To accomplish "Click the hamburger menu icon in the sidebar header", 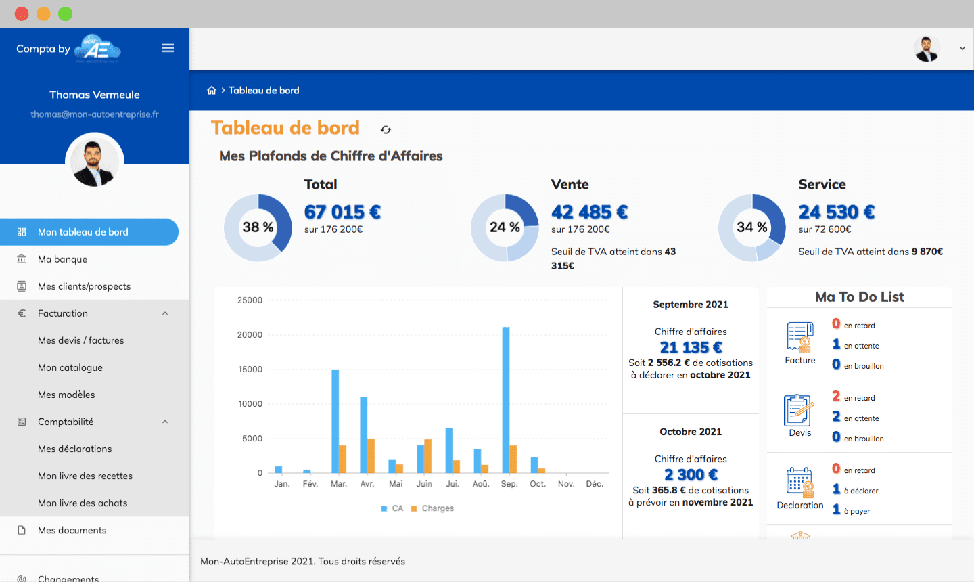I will [168, 48].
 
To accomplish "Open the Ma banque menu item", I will [62, 259].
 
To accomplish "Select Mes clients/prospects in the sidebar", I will [84, 286].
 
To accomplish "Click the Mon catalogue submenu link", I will [70, 367].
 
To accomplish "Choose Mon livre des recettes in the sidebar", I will [85, 476].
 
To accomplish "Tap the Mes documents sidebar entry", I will [72, 530].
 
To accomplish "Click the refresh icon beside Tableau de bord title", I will [386, 129].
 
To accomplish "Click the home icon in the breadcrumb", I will [212, 91].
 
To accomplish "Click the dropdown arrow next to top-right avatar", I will [962, 49].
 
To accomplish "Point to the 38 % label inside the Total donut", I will [258, 227].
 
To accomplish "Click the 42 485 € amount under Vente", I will [589, 212].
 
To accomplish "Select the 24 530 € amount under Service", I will [837, 212].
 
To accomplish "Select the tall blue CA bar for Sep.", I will [506, 399].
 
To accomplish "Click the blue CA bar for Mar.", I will [335, 421].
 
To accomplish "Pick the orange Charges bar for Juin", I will [427, 456].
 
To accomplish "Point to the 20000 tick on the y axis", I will [250, 335].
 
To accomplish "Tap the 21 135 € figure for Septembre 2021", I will [691, 347].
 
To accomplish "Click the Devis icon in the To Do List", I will [799, 411].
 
